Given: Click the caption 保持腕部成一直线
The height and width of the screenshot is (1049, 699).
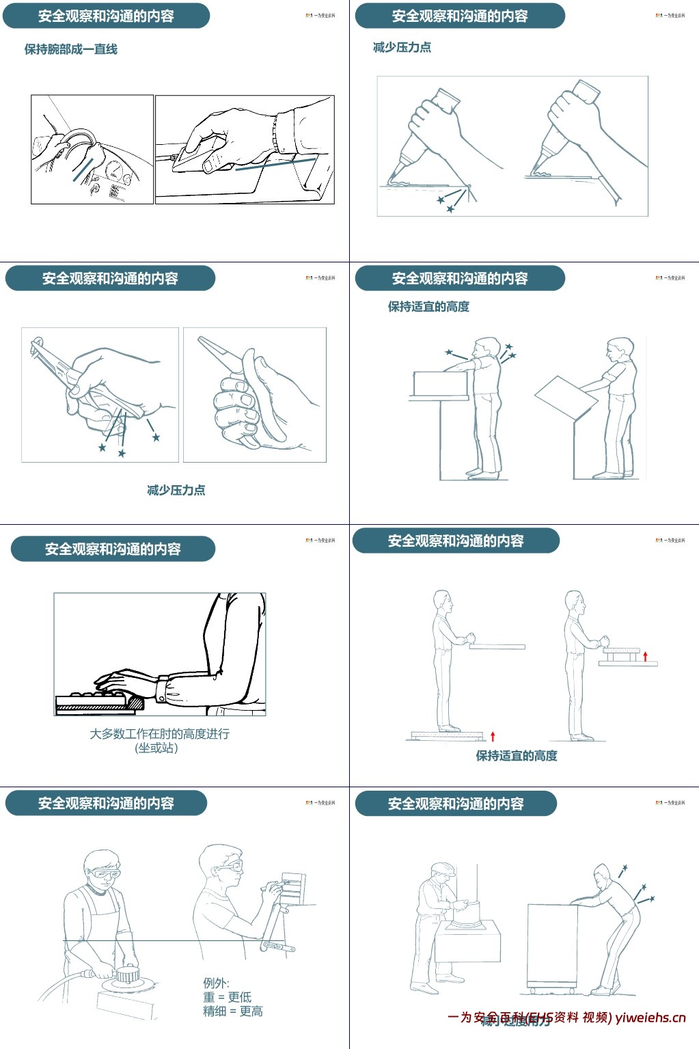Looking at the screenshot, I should click(x=71, y=49).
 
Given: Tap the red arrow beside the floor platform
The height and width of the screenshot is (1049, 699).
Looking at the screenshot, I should click(x=493, y=736).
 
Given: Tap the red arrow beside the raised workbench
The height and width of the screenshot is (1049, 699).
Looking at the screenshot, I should click(x=646, y=657).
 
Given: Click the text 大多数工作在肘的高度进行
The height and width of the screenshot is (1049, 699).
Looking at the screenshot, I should click(x=159, y=734).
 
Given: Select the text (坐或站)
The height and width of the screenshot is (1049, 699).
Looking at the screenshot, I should click(x=157, y=748).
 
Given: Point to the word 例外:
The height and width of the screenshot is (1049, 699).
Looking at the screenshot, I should click(x=216, y=983).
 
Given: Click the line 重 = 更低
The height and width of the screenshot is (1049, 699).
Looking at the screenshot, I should click(x=227, y=997).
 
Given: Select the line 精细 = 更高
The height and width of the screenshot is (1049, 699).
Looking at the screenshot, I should click(x=232, y=1011).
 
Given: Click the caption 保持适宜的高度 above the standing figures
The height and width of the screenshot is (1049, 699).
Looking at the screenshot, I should click(x=428, y=307).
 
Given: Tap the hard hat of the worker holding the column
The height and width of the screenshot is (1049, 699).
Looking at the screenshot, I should click(x=441, y=870).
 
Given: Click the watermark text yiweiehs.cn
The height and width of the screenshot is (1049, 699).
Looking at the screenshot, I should click(x=650, y=1018).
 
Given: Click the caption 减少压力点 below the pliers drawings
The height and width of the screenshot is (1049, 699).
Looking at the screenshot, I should click(x=176, y=490).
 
